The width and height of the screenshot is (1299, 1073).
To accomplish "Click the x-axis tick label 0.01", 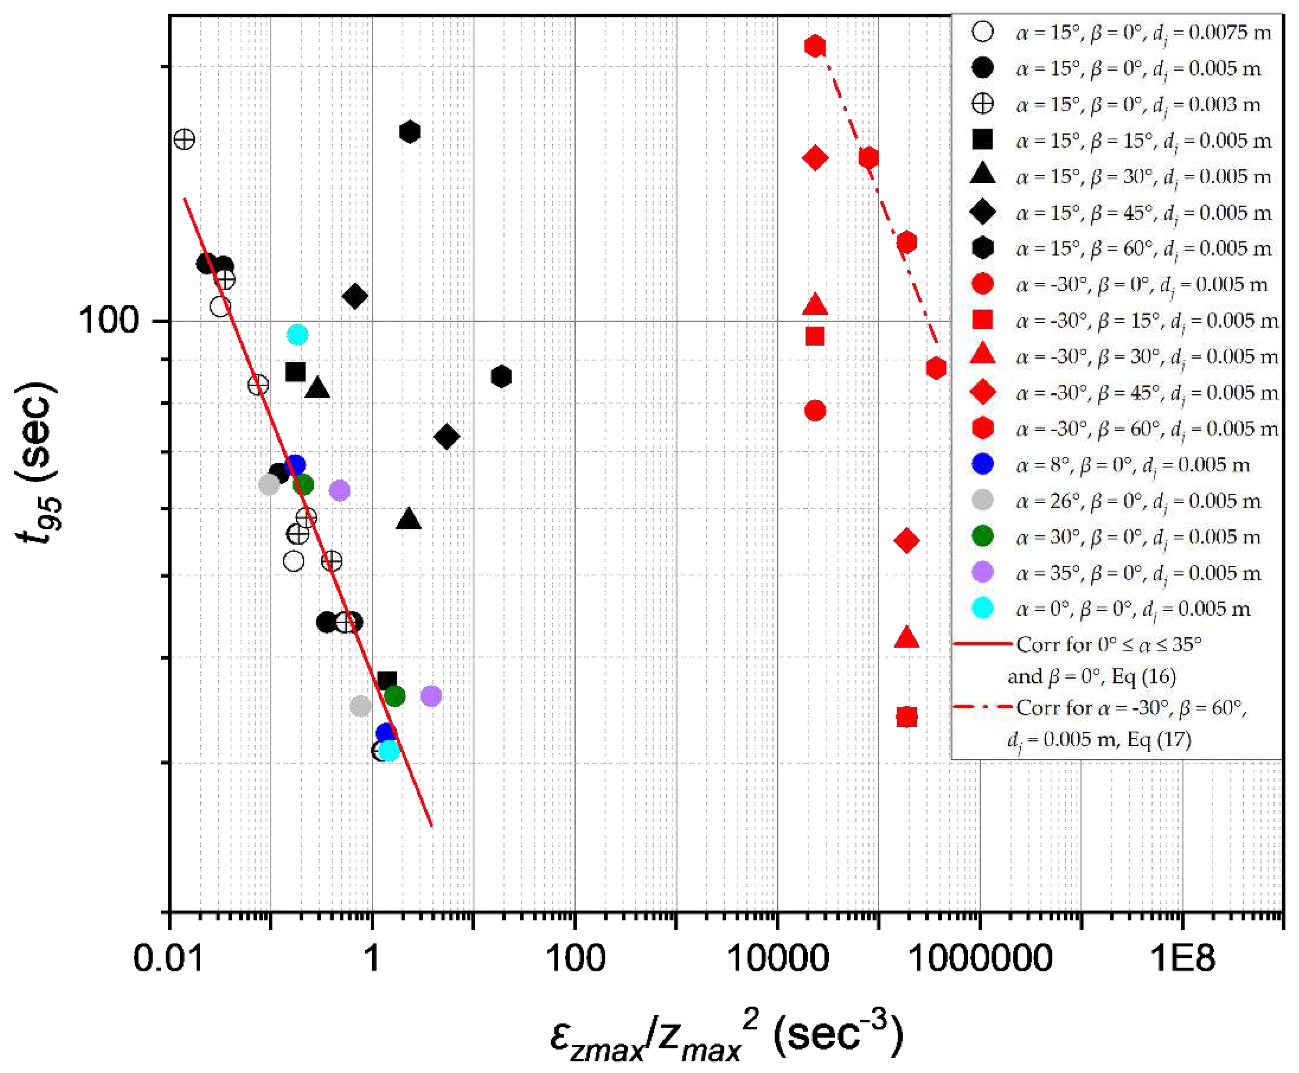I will (168, 957).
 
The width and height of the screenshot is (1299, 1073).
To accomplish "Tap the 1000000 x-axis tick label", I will (981, 957).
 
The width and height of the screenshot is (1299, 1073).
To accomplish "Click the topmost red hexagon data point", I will (814, 46).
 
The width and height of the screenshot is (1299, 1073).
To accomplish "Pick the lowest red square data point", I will (906, 717).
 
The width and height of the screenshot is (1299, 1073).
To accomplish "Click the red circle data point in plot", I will (814, 410).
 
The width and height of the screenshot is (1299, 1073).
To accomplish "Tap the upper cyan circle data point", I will (297, 335).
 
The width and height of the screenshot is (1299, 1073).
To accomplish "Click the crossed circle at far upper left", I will (184, 139).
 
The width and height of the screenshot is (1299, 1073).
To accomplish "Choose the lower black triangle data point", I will (408, 519).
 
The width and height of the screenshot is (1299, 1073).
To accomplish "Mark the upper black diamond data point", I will (355, 296).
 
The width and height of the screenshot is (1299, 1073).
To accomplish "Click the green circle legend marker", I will (982, 537).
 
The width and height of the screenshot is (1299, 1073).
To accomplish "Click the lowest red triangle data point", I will (906, 637).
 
